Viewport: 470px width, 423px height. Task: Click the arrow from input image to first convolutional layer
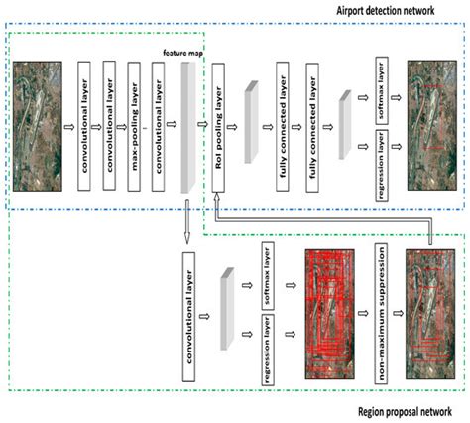pos(69,127)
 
